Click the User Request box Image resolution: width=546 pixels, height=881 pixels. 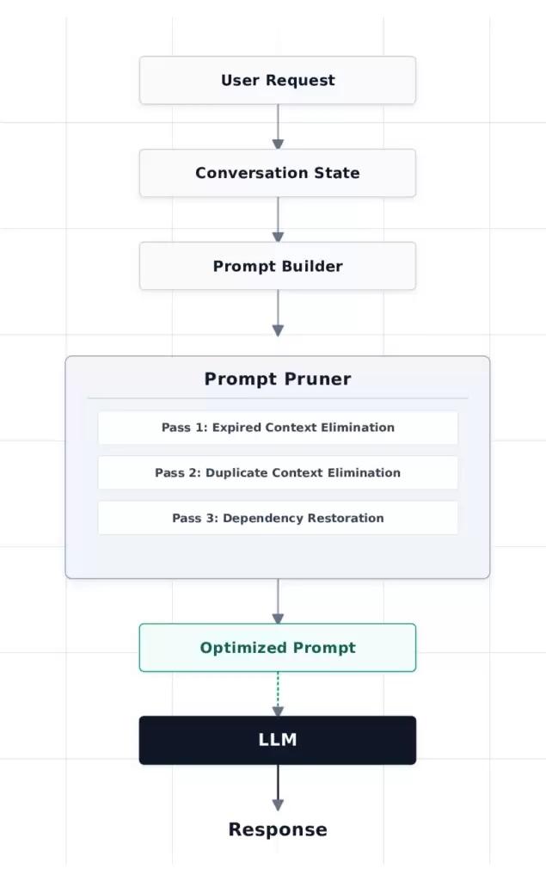pos(278,80)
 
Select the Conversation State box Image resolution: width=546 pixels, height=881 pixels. pos(278,173)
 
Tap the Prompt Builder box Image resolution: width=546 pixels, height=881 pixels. pos(278,266)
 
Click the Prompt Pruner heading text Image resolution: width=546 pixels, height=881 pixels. pos(278,379)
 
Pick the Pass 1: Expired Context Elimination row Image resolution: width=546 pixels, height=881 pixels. pos(278,428)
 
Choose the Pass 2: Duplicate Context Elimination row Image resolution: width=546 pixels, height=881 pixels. pos(278,473)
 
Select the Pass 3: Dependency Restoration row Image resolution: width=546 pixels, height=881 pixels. pos(278,518)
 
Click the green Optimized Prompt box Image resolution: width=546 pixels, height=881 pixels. pos(278,647)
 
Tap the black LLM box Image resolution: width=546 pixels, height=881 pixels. pos(278,740)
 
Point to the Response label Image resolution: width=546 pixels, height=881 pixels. pos(278,829)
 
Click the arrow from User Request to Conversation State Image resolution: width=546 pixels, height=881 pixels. pos(278,126)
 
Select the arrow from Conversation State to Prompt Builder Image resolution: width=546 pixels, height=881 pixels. pos(278,219)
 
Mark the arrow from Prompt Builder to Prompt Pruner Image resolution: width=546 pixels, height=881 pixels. pos(278,313)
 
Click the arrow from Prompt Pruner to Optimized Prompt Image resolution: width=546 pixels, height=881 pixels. pos(278,601)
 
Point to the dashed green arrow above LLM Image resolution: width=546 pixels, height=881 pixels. pos(278,694)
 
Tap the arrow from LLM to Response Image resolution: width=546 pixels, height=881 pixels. pos(278,787)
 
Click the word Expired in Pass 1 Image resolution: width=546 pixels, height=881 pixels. pos(236,428)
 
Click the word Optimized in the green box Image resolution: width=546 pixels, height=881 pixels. pos(244,648)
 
